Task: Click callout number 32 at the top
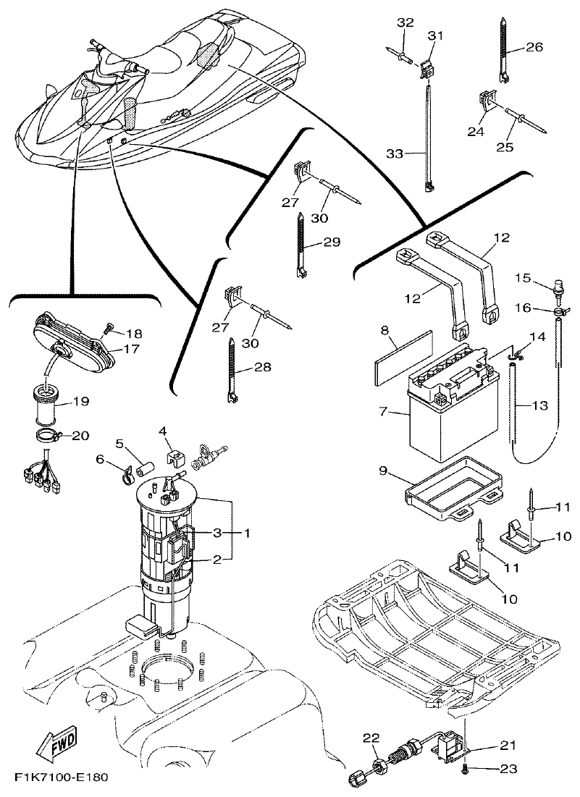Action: point(405,22)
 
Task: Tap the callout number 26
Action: point(534,48)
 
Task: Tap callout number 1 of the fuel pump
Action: point(247,533)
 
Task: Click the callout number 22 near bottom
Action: point(371,738)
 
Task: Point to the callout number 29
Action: point(332,243)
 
